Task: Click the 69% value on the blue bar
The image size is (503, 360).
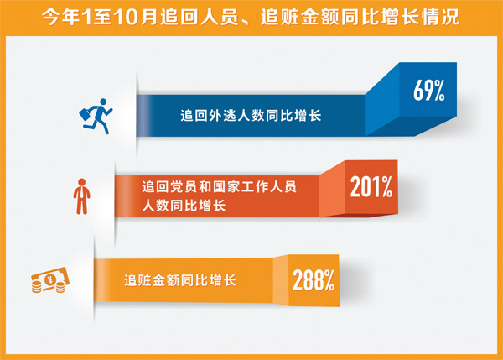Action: [x=428, y=91]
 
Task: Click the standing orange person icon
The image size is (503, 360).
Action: [x=83, y=194]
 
